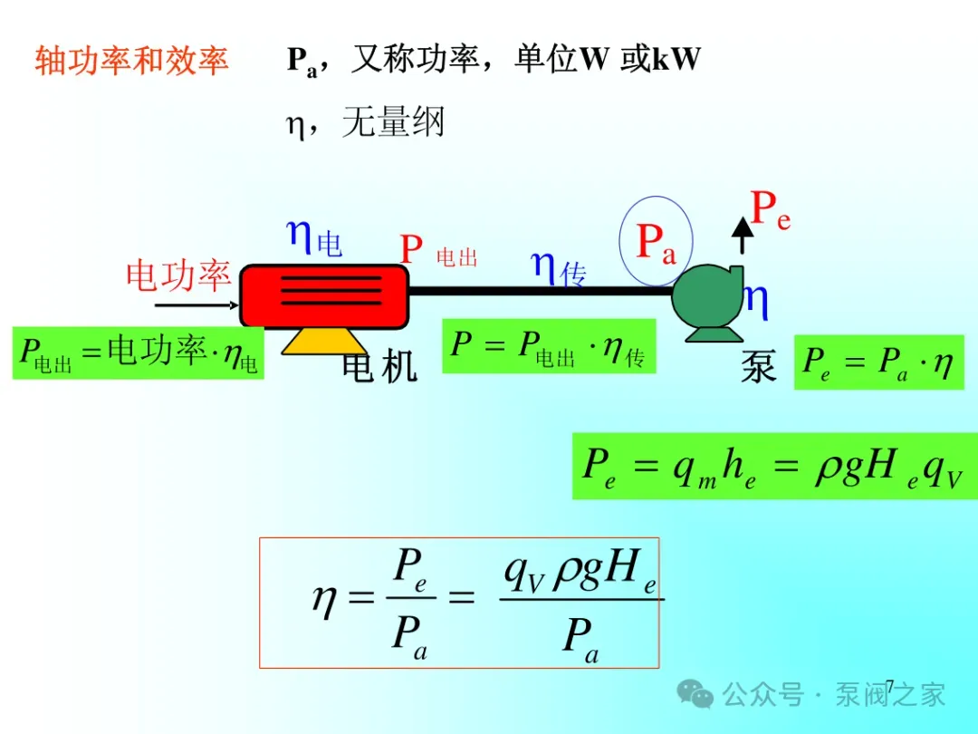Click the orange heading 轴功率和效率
pos(131,61)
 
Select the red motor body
pos(324,295)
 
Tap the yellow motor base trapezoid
pos(323,342)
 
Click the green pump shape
pos(708,303)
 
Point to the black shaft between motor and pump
pos(540,291)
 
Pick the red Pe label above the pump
pos(771,209)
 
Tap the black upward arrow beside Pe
pos(743,236)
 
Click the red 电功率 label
pos(178,275)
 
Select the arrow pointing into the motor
pos(197,305)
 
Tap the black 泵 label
pos(759,366)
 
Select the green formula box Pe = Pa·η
pos(878,362)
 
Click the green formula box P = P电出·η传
pos(549,346)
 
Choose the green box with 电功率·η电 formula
pos(138,353)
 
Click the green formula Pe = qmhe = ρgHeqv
pos(774,467)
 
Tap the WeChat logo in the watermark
pos(695,693)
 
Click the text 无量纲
pos(393,121)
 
